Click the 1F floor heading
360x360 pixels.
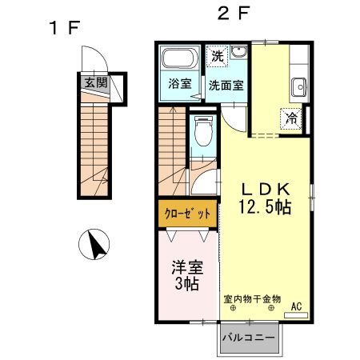pyautogui.click(x=64, y=27)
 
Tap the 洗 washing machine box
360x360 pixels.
pyautogui.click(x=217, y=57)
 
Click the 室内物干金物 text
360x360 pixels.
pyautogui.click(x=252, y=298)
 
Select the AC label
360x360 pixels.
pyautogui.click(x=296, y=306)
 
